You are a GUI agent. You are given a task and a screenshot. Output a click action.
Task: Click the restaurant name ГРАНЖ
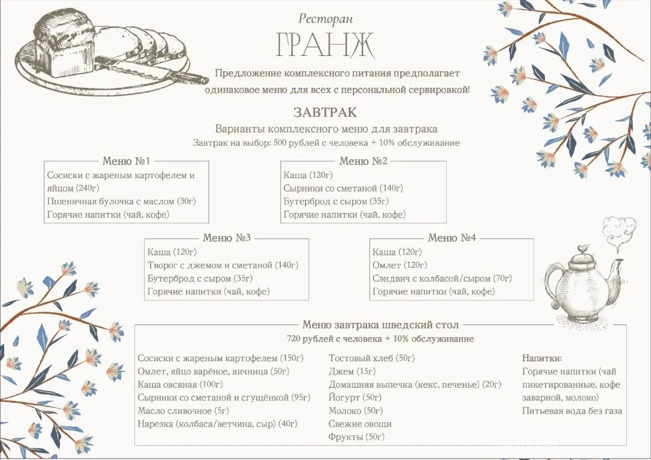click(x=325, y=45)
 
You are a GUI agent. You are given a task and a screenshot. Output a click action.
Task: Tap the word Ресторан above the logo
click(x=325, y=19)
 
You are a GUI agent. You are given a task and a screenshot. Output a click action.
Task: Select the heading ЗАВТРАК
click(x=325, y=112)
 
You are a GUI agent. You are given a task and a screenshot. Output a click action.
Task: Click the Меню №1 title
click(x=126, y=161)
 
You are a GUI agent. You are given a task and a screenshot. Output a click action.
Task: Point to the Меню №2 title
click(x=363, y=161)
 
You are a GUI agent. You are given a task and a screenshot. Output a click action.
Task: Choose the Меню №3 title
click(x=227, y=238)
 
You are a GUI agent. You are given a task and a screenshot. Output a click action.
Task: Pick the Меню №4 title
click(x=452, y=238)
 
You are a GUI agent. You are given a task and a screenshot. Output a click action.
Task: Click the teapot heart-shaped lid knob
click(x=582, y=248)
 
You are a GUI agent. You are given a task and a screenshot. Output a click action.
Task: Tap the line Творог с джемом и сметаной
click(x=223, y=265)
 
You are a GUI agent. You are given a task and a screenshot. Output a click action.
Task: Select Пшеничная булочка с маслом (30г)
click(x=121, y=202)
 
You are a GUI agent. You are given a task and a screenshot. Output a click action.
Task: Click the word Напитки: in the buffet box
click(x=542, y=358)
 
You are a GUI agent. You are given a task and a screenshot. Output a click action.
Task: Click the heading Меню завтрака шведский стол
click(x=380, y=325)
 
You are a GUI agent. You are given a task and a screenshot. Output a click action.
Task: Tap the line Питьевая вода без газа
click(x=572, y=411)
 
